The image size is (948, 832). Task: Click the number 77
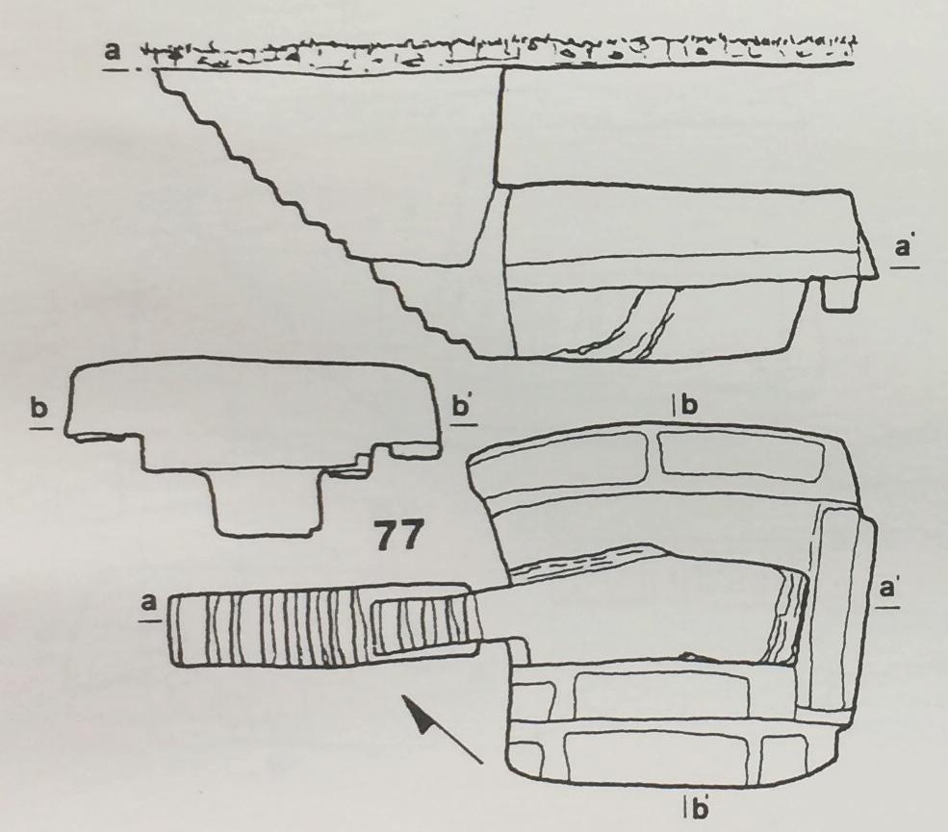[x=397, y=536]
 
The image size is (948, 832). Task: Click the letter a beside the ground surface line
[x=113, y=51]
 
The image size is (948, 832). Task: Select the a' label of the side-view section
[x=905, y=248]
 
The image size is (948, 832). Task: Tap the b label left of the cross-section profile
[x=38, y=409]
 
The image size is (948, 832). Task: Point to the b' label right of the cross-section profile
[x=462, y=407]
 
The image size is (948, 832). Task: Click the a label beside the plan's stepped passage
[x=148, y=602]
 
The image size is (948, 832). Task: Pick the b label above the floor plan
[x=689, y=406]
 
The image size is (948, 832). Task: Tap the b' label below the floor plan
[x=699, y=808]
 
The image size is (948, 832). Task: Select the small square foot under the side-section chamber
[x=841, y=294]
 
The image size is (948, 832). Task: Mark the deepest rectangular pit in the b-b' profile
[x=265, y=503]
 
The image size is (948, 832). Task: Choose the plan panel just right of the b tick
[x=742, y=456]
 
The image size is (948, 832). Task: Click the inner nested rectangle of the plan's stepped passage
[x=424, y=627]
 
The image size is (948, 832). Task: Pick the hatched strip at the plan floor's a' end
[x=786, y=617]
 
